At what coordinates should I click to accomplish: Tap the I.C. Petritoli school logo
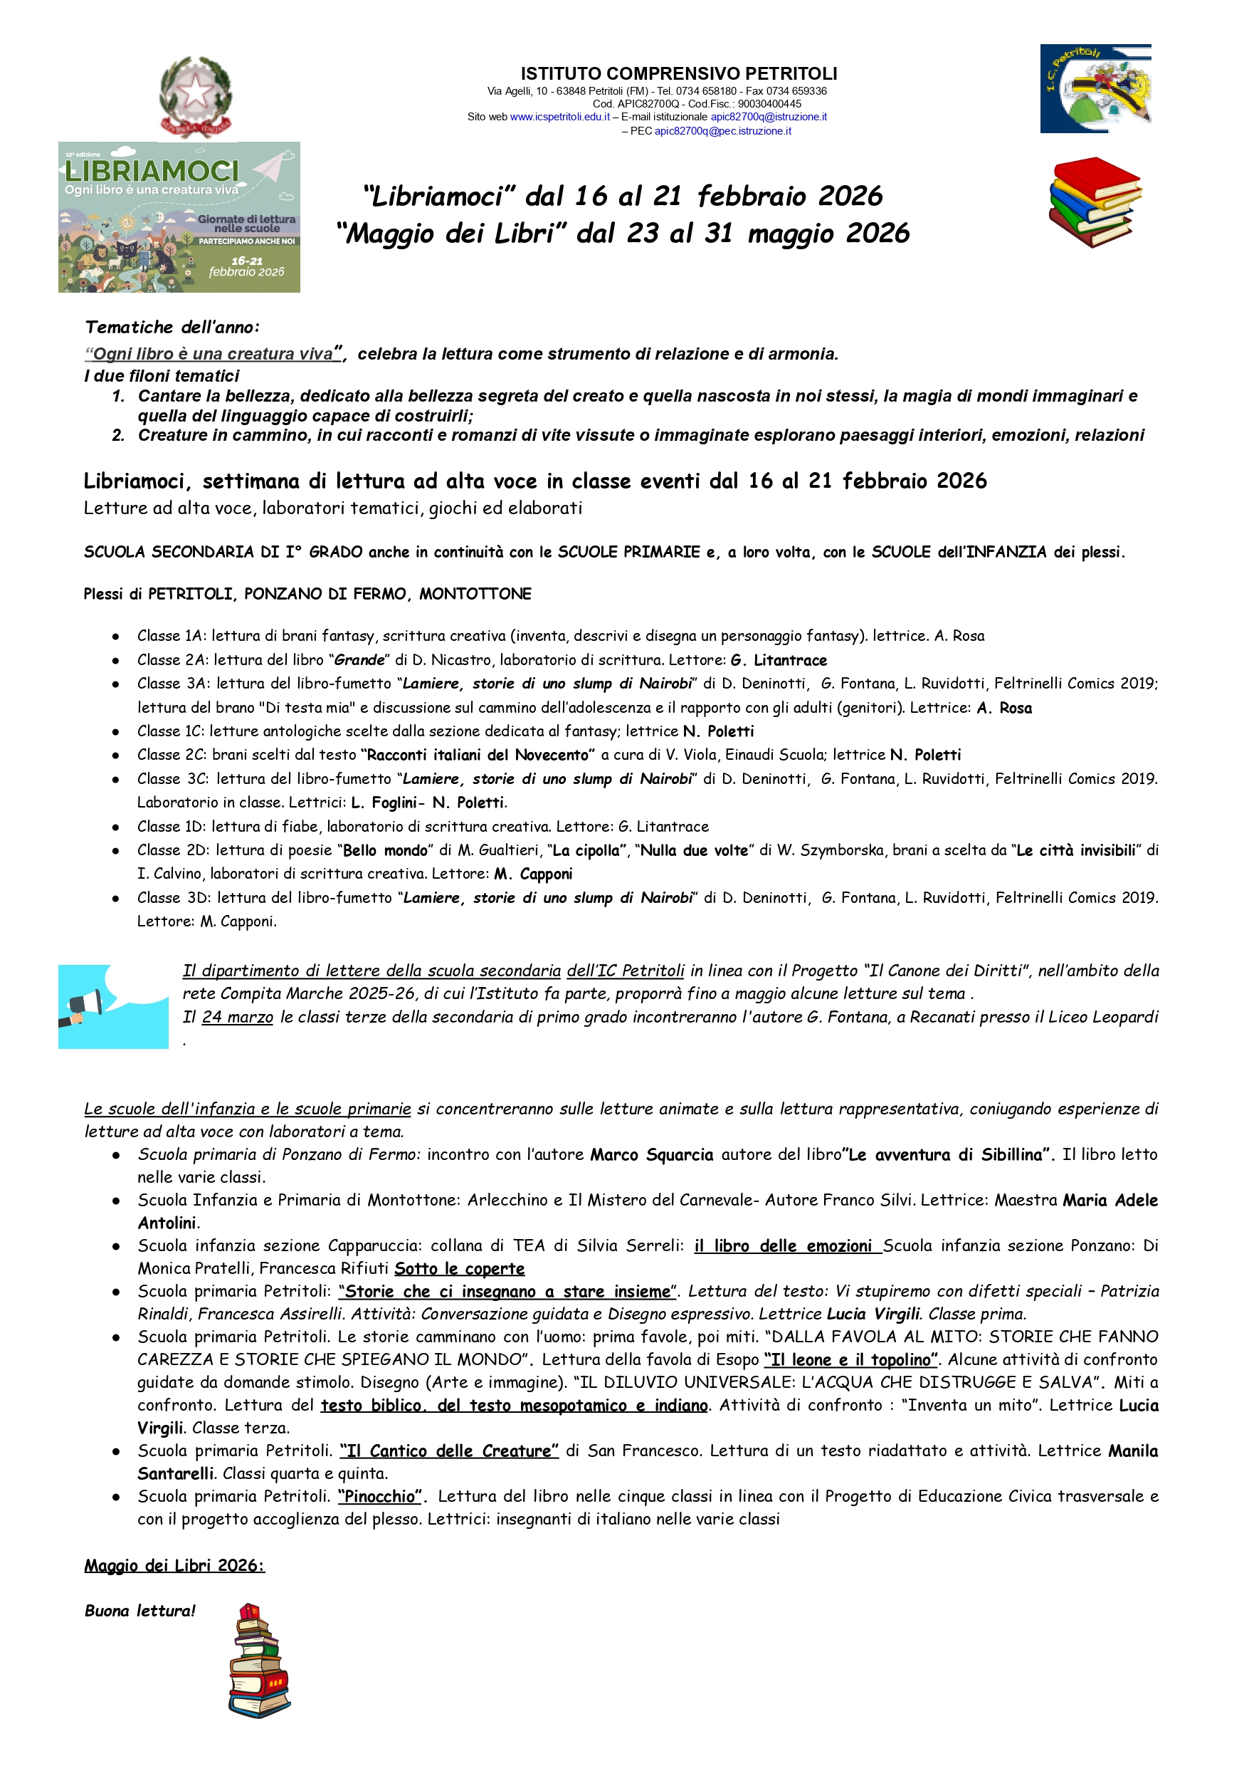coord(1095,88)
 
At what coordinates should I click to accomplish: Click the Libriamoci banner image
coord(179,217)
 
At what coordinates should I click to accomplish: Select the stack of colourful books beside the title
coord(1095,202)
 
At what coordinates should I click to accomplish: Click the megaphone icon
coord(113,1006)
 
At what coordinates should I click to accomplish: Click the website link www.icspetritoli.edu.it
coord(559,117)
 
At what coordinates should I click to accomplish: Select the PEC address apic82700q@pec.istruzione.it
coord(722,131)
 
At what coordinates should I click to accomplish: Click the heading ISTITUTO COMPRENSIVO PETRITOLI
coord(678,74)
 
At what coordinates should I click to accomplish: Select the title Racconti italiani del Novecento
coord(478,755)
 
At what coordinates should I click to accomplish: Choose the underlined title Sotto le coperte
coord(459,1269)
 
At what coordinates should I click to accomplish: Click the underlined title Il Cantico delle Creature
coord(449,1451)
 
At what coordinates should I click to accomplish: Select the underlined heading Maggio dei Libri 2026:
coord(174,1566)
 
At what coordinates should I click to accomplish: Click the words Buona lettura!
coord(140,1611)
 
